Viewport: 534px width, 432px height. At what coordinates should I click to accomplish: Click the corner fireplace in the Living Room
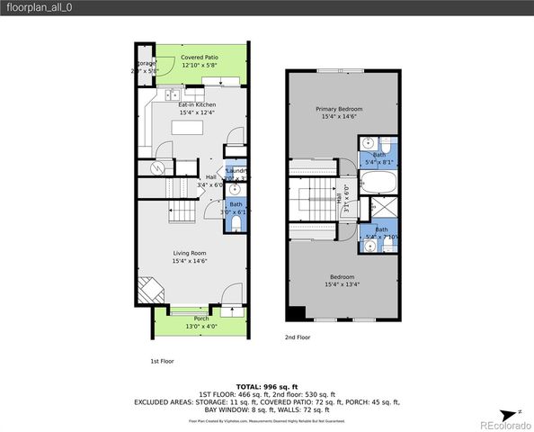[x=149, y=291]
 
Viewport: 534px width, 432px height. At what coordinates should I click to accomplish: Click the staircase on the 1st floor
[x=183, y=212]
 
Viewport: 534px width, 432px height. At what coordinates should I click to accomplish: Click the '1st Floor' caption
[x=162, y=361]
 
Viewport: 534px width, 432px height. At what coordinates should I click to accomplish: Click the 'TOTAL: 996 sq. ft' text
[x=267, y=385]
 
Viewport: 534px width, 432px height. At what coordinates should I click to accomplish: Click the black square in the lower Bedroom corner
[x=295, y=313]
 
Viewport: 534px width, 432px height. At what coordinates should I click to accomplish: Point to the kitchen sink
[x=172, y=94]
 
